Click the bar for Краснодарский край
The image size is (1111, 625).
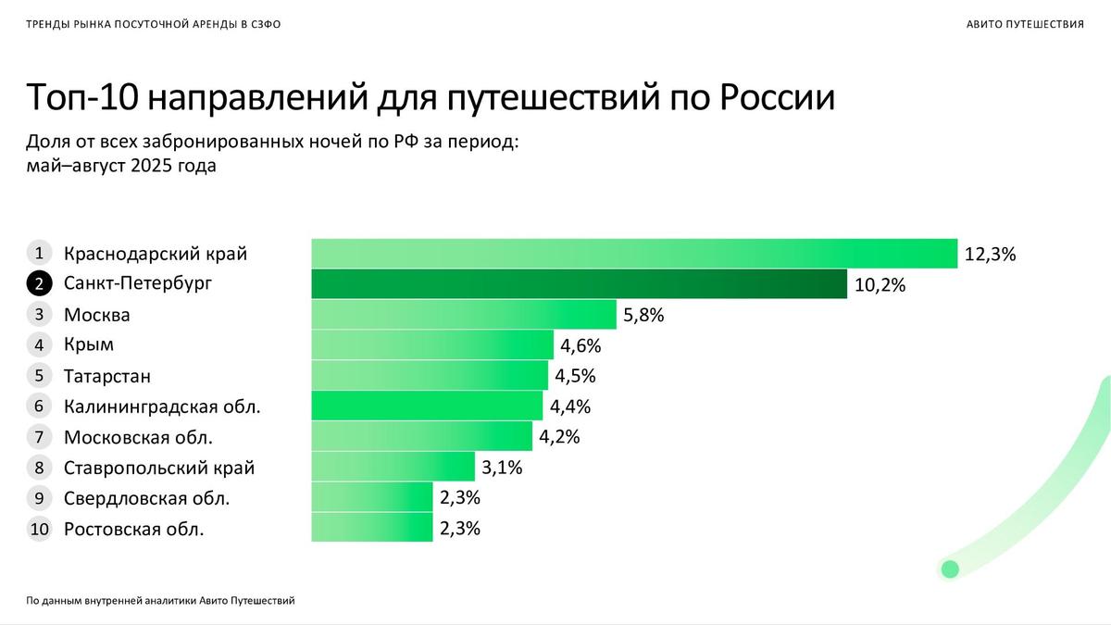click(x=633, y=254)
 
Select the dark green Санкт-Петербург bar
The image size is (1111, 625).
click(x=579, y=284)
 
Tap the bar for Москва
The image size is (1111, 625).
click(x=463, y=315)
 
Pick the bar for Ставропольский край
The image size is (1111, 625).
click(x=393, y=467)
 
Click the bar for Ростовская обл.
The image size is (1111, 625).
click(x=371, y=528)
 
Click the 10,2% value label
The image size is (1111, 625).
click(x=880, y=285)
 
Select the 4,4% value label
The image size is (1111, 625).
click(x=570, y=406)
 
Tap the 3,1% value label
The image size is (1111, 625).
click(x=503, y=468)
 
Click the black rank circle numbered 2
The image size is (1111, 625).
click(x=39, y=284)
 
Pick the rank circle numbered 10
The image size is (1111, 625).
click(x=39, y=530)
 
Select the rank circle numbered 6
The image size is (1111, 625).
click(x=39, y=406)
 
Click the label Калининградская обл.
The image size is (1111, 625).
click(x=162, y=406)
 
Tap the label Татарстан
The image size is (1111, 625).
click(x=106, y=376)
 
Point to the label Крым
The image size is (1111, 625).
click(x=89, y=345)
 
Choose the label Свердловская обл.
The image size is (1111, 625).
click(x=146, y=498)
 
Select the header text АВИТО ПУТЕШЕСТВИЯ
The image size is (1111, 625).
click(x=1024, y=24)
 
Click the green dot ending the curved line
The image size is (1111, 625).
click(x=949, y=569)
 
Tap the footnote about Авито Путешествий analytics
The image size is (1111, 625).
click(x=160, y=601)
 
